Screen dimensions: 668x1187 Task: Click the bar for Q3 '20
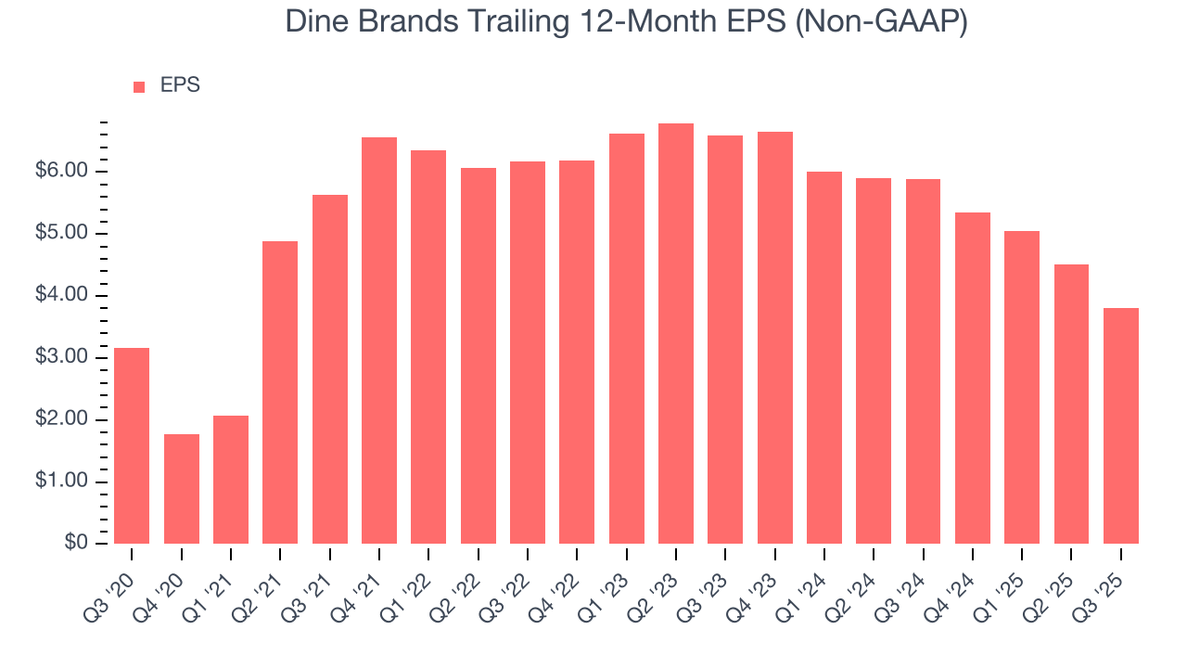coord(132,445)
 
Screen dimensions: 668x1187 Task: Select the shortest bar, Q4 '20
coord(181,489)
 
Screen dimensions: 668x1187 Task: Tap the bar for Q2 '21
coord(280,392)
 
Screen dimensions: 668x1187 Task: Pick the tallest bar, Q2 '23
coord(676,334)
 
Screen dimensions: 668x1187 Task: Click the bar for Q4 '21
coord(379,340)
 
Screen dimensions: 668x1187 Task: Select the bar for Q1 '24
coord(824,357)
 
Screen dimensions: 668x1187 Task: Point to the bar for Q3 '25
coord(1121,426)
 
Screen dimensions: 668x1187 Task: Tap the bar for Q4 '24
coord(973,378)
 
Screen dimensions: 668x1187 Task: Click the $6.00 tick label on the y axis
coord(60,172)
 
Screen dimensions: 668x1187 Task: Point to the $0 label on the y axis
coord(76,544)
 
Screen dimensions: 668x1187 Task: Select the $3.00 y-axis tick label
coord(60,358)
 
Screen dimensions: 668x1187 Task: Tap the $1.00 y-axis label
coord(60,482)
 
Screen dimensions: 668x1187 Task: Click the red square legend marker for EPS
coord(139,87)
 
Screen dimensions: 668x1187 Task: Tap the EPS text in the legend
coord(180,85)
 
